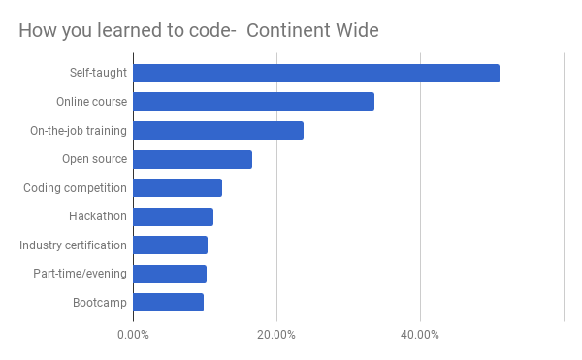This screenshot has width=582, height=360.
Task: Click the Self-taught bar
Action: (316, 73)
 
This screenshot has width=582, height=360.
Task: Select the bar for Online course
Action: (254, 102)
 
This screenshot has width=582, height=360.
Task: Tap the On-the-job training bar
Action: (218, 131)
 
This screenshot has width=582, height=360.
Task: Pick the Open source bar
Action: (193, 159)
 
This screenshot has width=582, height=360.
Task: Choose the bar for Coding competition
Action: (178, 188)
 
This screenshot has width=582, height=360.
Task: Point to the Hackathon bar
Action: (174, 216)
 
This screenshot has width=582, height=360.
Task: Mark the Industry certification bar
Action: (171, 245)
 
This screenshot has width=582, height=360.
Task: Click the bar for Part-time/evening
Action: (170, 274)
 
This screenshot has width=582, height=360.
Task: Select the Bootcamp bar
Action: (169, 302)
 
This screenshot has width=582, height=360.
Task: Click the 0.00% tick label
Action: (133, 335)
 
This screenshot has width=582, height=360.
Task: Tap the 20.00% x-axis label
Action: (276, 335)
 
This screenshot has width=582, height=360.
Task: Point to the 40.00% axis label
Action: (419, 335)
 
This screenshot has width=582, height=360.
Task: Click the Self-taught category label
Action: (98, 73)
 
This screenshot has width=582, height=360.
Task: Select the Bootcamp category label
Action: (100, 303)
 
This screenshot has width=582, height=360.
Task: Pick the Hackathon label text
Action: (98, 216)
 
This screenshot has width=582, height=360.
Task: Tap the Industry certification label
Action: (73, 245)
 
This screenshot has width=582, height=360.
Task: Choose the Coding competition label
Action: (75, 188)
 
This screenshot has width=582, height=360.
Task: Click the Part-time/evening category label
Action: (81, 274)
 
